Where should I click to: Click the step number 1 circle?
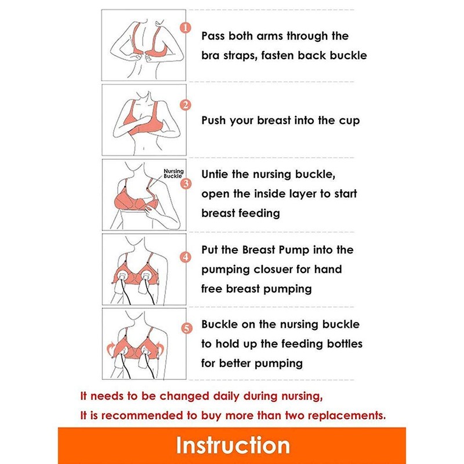pos(185,28)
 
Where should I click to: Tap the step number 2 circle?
pos(185,106)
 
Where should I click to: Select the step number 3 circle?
pos(186,184)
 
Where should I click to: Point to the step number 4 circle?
pos(185,256)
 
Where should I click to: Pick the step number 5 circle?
pos(186,329)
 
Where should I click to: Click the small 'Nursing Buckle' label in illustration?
pos(173,173)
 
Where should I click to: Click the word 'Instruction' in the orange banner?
pos(233,445)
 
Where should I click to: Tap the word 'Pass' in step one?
pos(215,36)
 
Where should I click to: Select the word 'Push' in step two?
pos(215,121)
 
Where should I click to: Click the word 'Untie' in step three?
pos(216,174)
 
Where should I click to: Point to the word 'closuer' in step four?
pos(273,269)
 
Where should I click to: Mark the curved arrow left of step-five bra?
pos(111,349)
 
